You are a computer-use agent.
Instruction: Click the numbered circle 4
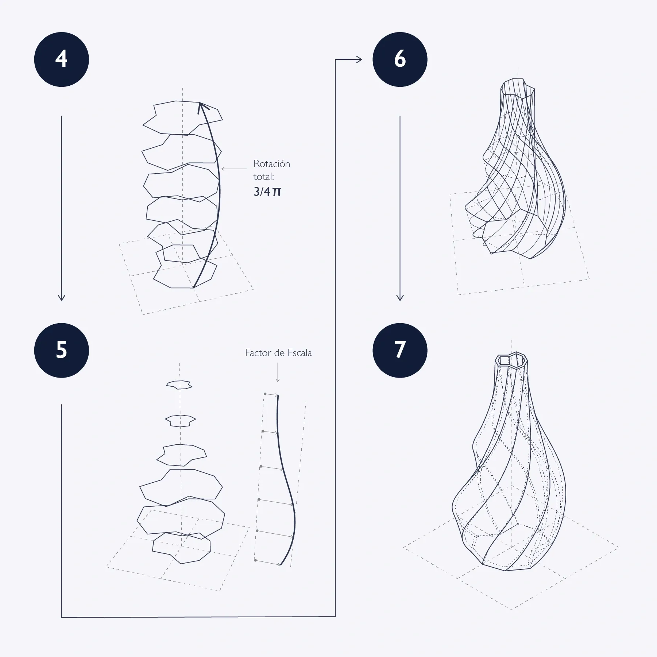click(x=61, y=59)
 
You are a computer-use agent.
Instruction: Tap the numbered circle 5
click(x=61, y=350)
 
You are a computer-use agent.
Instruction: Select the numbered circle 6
click(x=400, y=59)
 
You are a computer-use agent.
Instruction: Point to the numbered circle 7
click(x=400, y=350)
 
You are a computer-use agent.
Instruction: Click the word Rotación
click(x=271, y=163)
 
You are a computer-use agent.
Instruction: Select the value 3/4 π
click(x=267, y=192)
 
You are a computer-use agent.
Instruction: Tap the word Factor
click(x=258, y=353)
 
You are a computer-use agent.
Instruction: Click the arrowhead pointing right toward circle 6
click(x=359, y=59)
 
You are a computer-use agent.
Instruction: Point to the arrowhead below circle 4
click(x=61, y=297)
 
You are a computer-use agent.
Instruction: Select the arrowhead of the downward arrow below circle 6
click(x=400, y=297)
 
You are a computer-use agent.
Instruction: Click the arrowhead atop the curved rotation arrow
click(x=202, y=107)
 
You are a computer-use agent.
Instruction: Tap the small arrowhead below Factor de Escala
click(x=278, y=380)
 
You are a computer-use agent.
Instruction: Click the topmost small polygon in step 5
click(x=179, y=384)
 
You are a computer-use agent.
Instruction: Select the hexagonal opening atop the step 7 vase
click(x=511, y=360)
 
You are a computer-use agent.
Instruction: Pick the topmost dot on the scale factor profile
click(x=265, y=394)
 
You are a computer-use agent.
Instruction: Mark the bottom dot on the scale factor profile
click(x=255, y=560)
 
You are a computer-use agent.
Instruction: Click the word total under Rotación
click(x=263, y=177)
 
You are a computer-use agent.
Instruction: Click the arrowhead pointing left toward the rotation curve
click(x=223, y=169)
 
